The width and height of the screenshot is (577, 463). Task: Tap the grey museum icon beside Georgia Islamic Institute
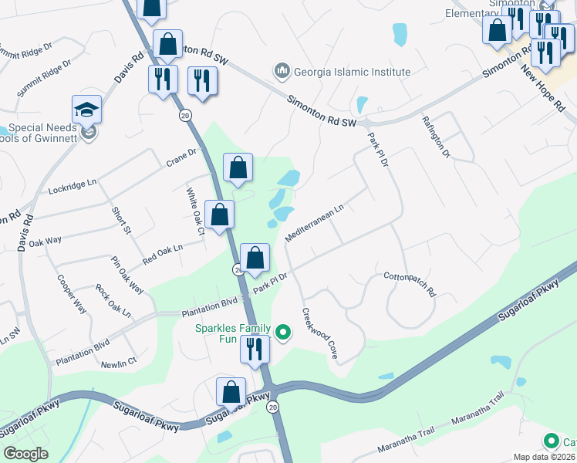point(282,72)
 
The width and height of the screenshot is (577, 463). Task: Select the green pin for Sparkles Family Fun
point(283,333)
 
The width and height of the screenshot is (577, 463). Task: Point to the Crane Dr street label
point(183,157)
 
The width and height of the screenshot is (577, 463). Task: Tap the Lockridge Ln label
point(73,186)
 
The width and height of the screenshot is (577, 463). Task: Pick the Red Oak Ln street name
point(161,254)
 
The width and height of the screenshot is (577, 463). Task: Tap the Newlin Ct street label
point(118,361)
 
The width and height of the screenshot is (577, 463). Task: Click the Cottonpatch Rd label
point(410,284)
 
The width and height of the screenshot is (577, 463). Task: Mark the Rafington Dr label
point(435,137)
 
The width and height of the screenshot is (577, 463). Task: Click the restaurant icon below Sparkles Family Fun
point(255,349)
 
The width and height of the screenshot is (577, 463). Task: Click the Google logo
point(25,454)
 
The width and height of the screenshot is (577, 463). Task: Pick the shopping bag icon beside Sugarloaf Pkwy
point(231,392)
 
